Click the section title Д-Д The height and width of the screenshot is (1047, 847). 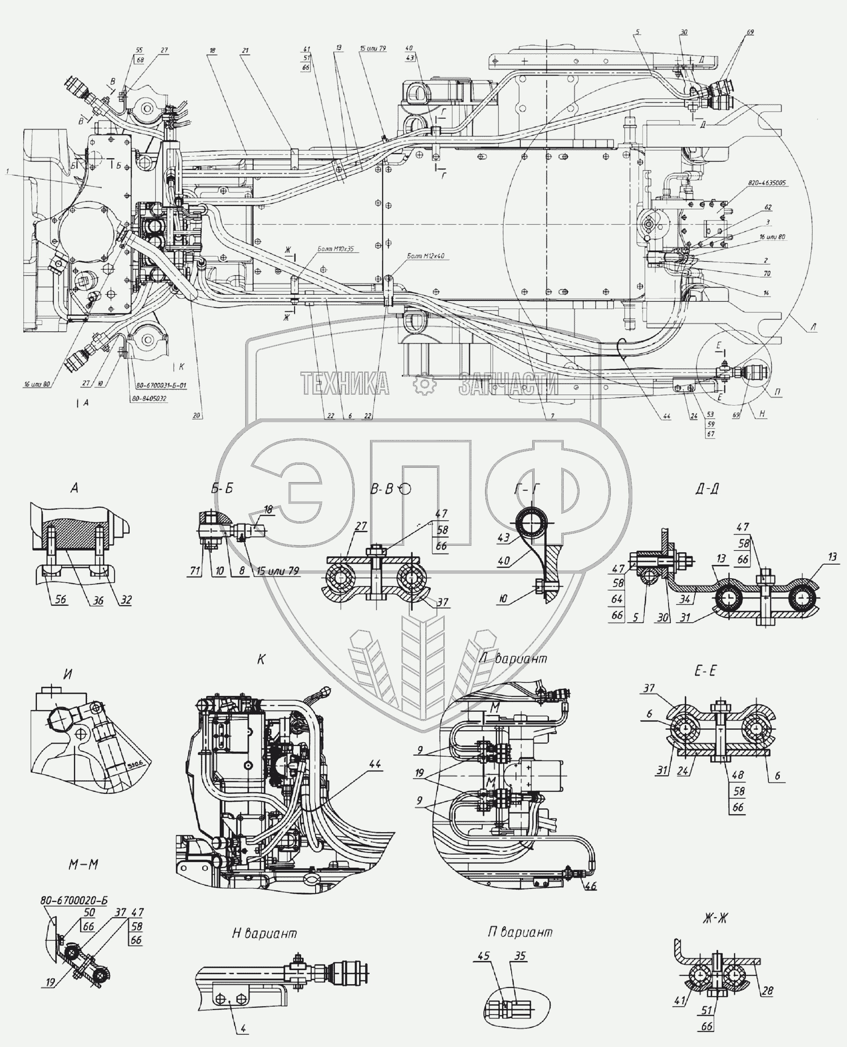click(x=706, y=489)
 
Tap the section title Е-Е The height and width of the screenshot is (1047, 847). click(x=705, y=671)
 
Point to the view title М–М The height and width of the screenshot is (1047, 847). click(x=83, y=865)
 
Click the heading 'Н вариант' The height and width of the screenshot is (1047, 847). click(x=264, y=933)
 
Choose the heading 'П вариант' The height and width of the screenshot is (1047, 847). click(x=520, y=932)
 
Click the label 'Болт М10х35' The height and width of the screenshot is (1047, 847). click(x=335, y=249)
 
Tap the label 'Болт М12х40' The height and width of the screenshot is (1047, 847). click(x=426, y=256)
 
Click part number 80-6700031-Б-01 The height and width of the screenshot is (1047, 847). click(x=161, y=385)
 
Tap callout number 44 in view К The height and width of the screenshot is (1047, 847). click(x=374, y=764)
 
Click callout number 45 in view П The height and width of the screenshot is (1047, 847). click(x=483, y=956)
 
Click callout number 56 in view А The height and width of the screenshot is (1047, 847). click(x=60, y=599)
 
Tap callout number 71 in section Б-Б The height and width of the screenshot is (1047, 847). click(x=195, y=571)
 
